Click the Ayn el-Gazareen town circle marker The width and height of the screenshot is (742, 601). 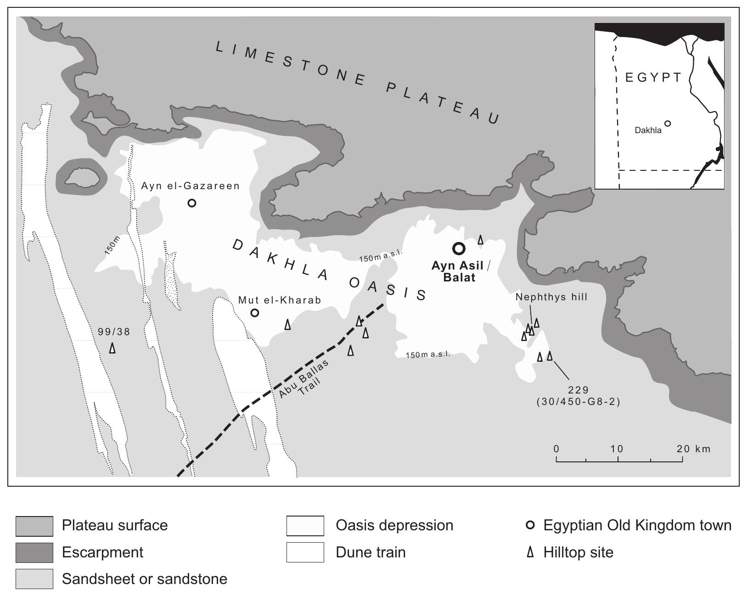click(192, 202)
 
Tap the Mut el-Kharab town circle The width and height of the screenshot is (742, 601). click(254, 313)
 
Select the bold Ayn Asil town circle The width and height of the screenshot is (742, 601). click(459, 248)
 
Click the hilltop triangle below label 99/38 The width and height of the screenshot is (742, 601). click(112, 348)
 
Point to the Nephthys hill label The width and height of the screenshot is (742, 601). click(551, 297)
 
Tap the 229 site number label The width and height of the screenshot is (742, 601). click(578, 390)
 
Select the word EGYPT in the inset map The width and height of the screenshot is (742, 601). click(654, 77)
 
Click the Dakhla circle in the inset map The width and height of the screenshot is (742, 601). click(668, 123)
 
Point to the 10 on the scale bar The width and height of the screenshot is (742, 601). click(617, 449)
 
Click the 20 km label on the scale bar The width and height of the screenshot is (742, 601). click(693, 449)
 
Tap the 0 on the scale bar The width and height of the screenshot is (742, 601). click(556, 449)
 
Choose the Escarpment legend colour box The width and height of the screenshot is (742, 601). click(34, 552)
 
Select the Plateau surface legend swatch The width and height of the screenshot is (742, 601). click(34, 526)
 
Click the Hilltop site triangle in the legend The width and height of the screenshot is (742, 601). click(530, 552)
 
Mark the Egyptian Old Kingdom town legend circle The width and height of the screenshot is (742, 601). click(530, 525)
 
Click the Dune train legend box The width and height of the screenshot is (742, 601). click(305, 552)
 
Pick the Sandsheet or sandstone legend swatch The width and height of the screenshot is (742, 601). click(34, 579)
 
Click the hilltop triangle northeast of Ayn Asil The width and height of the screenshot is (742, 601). click(480, 239)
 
